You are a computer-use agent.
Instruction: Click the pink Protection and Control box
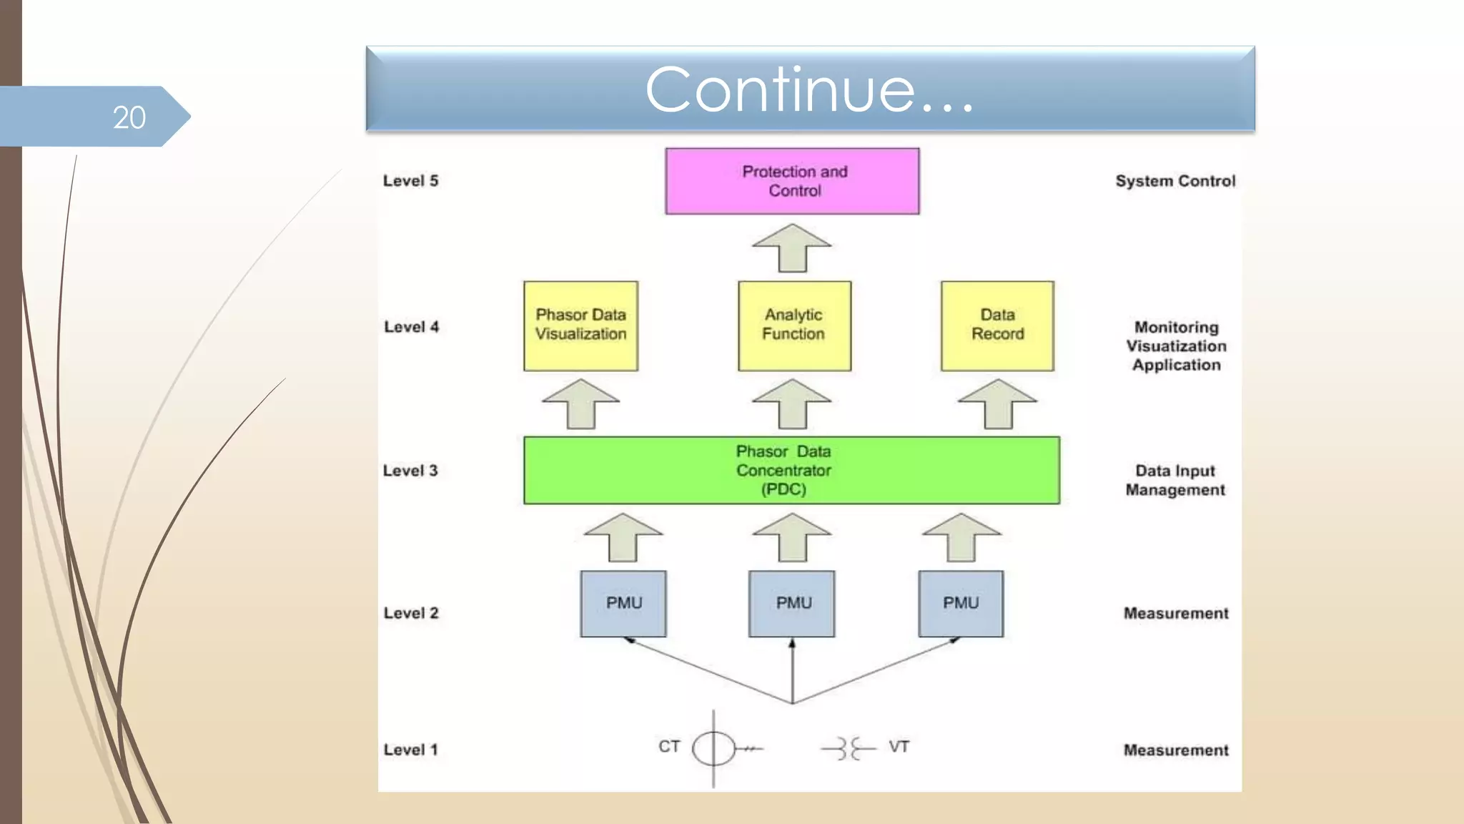(x=792, y=181)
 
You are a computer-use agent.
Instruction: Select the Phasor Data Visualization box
(x=580, y=325)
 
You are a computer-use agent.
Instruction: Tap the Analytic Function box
(x=794, y=325)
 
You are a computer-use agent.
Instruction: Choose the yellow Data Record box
(x=997, y=325)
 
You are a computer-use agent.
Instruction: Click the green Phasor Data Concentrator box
(x=791, y=470)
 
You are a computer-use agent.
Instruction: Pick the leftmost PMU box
(x=623, y=604)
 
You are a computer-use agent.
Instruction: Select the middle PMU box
(x=791, y=604)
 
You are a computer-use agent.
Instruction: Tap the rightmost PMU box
(x=961, y=604)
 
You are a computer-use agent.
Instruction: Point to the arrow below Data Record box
(x=997, y=404)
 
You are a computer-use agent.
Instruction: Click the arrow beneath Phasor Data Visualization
(x=580, y=404)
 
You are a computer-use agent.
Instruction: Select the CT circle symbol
(x=713, y=748)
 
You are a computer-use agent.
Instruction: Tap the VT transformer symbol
(x=849, y=748)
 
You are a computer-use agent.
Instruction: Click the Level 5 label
(x=410, y=181)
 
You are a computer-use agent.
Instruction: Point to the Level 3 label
(x=410, y=471)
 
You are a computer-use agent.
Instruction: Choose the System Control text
(x=1175, y=181)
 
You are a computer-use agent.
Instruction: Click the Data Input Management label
(x=1175, y=480)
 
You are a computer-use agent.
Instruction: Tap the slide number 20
(x=129, y=117)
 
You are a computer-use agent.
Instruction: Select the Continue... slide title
(x=810, y=89)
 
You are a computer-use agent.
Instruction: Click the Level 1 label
(x=410, y=750)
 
